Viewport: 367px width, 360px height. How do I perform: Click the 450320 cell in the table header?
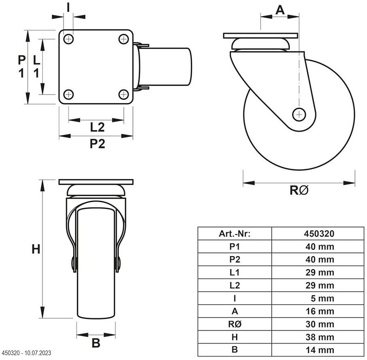coord(319,234)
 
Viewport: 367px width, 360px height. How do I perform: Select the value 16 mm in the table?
coord(319,312)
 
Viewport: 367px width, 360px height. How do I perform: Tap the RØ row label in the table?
coord(235,324)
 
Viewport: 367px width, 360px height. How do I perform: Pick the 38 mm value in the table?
coord(319,337)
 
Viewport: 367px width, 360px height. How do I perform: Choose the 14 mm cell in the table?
coord(319,350)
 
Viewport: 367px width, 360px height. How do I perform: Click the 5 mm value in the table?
coord(323,299)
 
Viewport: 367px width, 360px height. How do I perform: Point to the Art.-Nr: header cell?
coord(235,234)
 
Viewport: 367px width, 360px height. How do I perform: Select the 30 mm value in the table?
coord(319,324)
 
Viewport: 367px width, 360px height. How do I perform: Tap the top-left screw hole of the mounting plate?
coord(69,39)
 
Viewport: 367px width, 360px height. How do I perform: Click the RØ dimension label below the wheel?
coord(299,190)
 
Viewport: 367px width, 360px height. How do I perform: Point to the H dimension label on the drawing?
coord(36,249)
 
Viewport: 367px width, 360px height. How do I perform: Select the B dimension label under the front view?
coord(96,343)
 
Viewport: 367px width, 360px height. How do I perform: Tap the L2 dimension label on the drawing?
coord(97,128)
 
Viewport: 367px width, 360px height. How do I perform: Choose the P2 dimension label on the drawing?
coord(97,144)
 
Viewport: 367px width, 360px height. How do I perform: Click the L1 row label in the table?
coord(235,273)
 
